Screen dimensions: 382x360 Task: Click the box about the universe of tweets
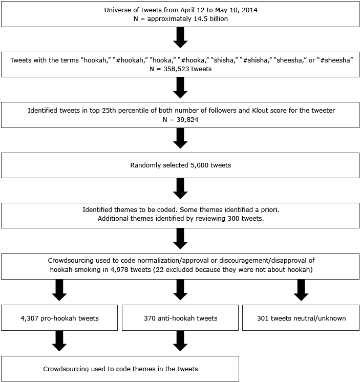[180, 14]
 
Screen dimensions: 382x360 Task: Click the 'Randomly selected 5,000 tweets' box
[180, 166]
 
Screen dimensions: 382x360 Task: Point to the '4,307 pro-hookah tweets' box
[59, 318]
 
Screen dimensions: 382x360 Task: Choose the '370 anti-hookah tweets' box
[180, 318]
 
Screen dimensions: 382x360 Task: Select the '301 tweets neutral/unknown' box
[300, 318]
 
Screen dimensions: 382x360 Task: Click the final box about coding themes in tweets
[120, 369]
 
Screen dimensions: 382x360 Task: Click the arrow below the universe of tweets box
[180, 37]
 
